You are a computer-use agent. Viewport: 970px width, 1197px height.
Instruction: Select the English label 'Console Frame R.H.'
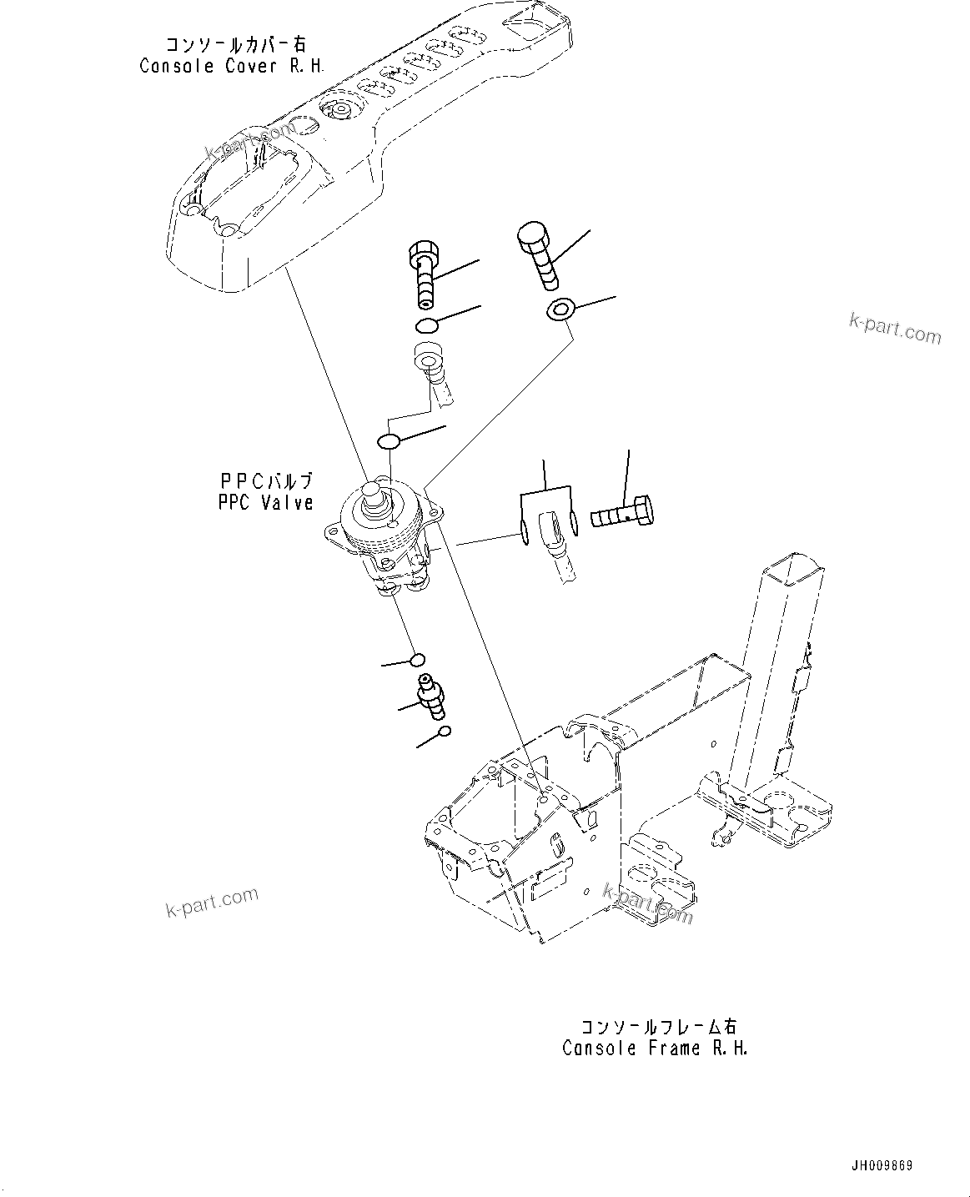[655, 1049]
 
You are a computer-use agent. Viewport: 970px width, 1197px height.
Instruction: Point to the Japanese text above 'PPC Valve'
[266, 481]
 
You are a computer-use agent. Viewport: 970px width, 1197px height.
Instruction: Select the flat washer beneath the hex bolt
[560, 311]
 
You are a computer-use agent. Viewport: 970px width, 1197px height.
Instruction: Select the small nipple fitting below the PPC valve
[432, 695]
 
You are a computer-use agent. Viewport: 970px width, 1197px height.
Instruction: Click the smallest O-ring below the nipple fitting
[445, 732]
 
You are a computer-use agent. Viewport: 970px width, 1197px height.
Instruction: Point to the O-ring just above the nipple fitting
[418, 660]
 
